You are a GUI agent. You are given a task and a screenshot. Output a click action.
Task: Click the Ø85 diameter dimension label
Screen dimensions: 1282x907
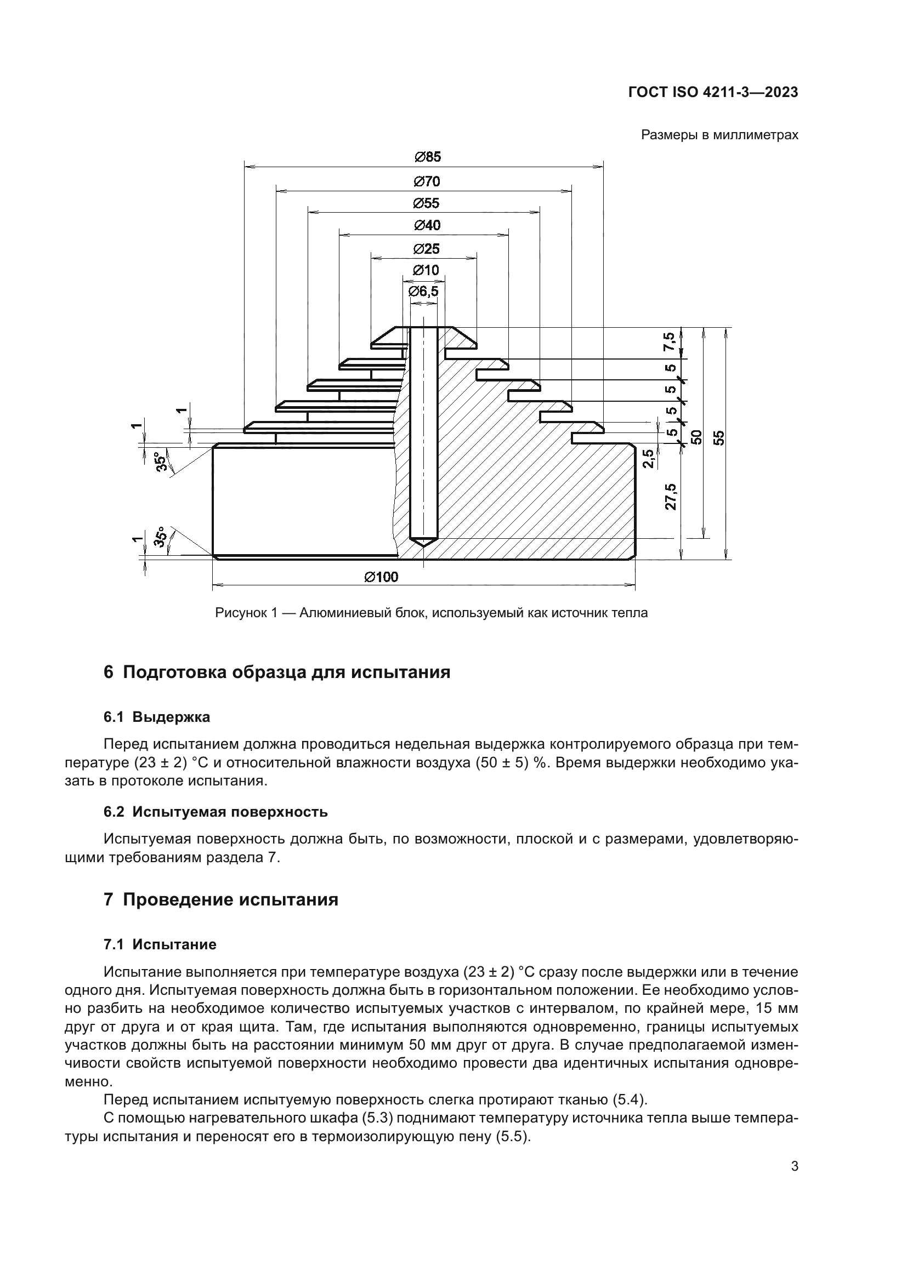tap(427, 157)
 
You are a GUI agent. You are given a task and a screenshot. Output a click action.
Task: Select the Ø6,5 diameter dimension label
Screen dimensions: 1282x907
tap(423, 292)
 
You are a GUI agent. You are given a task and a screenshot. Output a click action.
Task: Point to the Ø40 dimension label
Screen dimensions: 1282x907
tap(427, 226)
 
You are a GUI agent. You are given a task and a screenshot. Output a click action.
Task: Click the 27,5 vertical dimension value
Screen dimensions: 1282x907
tap(671, 497)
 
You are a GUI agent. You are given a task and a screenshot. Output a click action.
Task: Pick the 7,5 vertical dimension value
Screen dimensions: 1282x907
tap(670, 341)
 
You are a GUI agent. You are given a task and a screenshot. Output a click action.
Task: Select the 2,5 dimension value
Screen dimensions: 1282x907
tap(648, 458)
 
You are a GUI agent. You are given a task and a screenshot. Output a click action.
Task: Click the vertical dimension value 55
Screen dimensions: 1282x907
tap(719, 437)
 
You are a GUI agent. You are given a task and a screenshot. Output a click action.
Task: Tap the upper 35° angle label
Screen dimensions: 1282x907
tap(161, 461)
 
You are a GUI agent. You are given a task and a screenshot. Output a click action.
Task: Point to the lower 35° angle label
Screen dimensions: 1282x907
tap(161, 537)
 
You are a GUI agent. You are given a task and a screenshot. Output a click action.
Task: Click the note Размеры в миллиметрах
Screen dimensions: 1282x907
tap(719, 135)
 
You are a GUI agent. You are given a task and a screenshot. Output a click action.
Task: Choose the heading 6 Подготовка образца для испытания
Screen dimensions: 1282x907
tap(277, 673)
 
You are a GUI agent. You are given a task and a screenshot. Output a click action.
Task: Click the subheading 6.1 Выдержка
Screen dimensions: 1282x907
tap(157, 717)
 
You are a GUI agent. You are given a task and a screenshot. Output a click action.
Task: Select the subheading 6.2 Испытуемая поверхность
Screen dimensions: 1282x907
tap(216, 812)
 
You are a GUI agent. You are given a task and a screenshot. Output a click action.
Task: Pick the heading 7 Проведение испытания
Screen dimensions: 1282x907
tap(221, 900)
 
